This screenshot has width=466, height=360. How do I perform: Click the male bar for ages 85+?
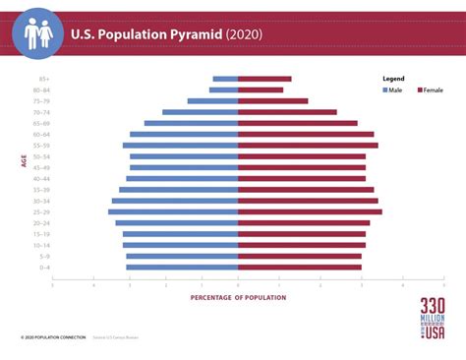[x=225, y=79]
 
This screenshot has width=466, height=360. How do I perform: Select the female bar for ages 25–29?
[x=310, y=211]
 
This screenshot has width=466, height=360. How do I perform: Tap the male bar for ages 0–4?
[x=182, y=267]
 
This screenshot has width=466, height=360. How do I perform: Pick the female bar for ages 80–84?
[x=261, y=90]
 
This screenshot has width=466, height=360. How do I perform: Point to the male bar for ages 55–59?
[x=180, y=145]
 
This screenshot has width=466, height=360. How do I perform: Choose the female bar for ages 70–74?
[x=287, y=112]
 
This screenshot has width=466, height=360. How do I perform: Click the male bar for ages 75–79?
[x=212, y=100]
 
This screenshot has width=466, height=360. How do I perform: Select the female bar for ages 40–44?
[x=302, y=178]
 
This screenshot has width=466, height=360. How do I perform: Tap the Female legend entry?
[x=429, y=90]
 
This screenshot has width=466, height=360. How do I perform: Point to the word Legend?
[x=393, y=78]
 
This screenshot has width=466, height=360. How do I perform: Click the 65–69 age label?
[x=42, y=123]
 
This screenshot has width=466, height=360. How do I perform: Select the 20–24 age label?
[x=42, y=222]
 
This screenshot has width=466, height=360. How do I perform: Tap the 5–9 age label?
[x=44, y=256]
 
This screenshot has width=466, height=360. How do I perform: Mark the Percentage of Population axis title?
[x=238, y=297]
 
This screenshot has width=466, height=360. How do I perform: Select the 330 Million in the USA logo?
[x=432, y=319]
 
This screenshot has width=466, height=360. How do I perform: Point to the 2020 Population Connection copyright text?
[x=49, y=338]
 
